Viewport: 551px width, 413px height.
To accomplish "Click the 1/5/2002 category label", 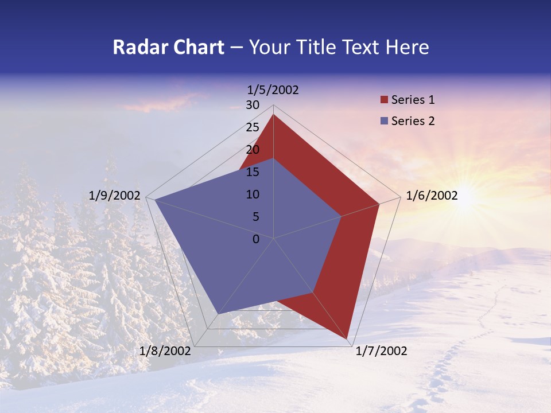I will [x=273, y=90].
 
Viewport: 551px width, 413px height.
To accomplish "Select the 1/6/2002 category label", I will [x=432, y=196].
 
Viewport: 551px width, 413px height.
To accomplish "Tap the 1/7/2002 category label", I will [x=381, y=351].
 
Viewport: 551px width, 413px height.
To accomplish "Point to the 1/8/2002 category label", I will [x=165, y=351].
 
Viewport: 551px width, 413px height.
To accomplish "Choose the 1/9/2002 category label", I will [x=115, y=196].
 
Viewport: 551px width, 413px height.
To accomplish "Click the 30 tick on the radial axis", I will [x=253, y=105].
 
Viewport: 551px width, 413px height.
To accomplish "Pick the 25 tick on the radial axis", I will [x=253, y=127].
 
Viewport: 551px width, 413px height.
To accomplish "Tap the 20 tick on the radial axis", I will [x=253, y=150].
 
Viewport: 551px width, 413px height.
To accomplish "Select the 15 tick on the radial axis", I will [x=253, y=172].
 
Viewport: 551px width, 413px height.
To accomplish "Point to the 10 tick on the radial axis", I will [x=253, y=194].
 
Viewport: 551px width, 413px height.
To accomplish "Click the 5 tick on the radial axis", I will [x=255, y=217].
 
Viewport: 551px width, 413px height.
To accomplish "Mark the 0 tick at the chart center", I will [x=256, y=239].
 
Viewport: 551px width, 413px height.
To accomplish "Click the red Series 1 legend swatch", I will [x=384, y=100].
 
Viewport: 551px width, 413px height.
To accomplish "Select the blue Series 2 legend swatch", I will [x=384, y=121].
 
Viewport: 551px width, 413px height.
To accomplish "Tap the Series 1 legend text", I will [x=413, y=100].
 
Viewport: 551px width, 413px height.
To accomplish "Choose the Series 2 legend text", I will [x=413, y=121].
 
